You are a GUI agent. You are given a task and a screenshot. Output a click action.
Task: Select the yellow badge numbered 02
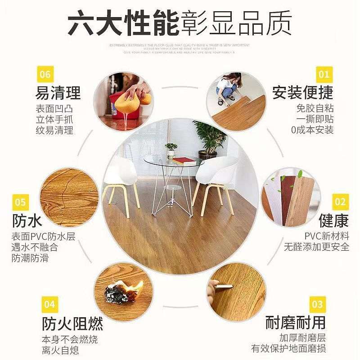[340, 202]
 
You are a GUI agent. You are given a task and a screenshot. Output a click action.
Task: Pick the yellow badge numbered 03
[318, 305]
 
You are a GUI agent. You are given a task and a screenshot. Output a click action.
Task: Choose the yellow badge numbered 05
[20, 202]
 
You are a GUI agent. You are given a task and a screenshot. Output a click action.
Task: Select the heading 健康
[333, 221]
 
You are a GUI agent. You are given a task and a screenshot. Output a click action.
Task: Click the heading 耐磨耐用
[295, 323]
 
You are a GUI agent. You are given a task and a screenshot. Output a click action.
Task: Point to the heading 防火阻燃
[72, 323]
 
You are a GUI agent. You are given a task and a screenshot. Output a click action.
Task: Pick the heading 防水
[27, 221]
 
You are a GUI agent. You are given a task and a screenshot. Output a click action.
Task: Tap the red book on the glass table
[184, 159]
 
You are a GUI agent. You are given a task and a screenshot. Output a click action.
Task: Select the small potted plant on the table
[171, 149]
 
